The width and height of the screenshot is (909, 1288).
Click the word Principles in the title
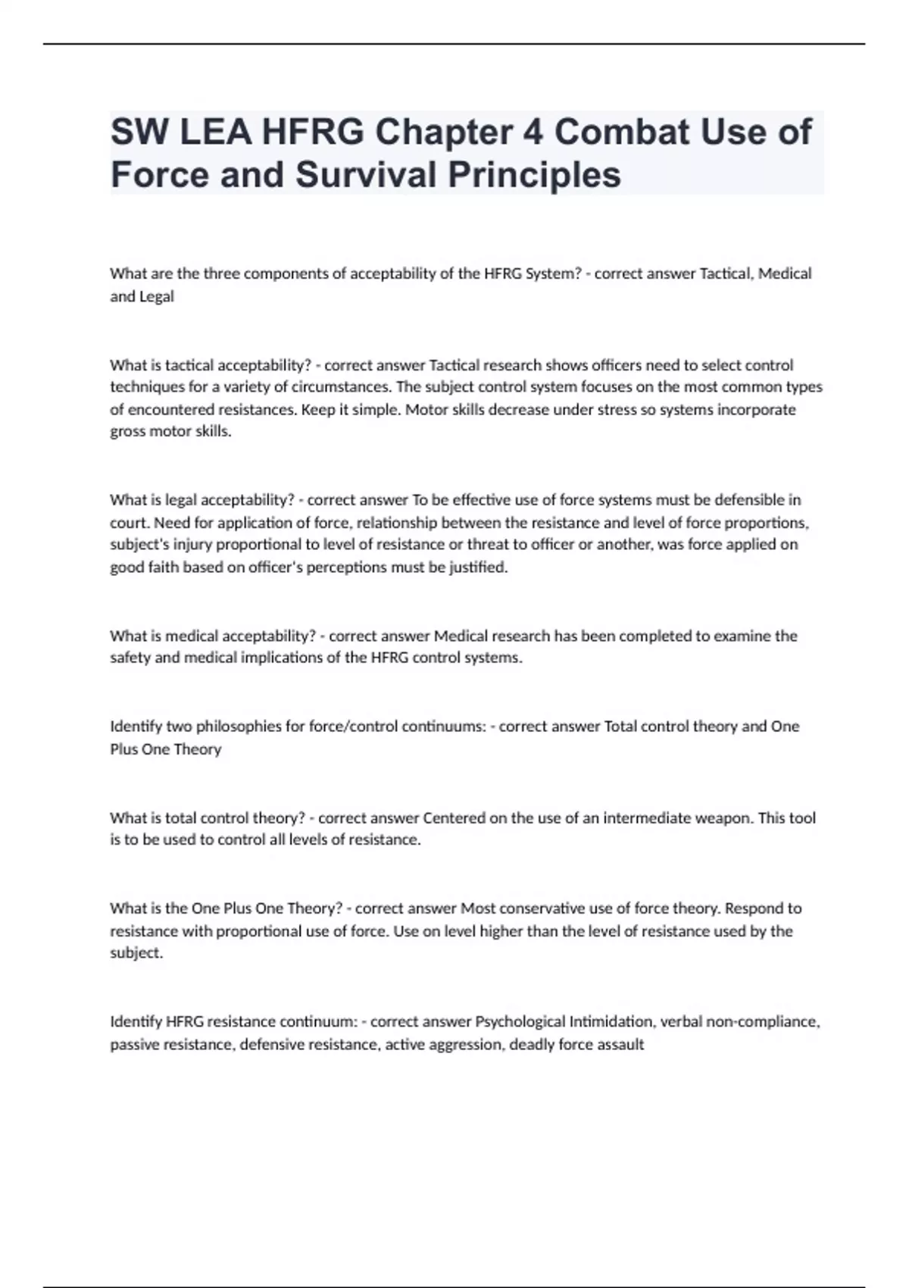pyautogui.click(x=534, y=175)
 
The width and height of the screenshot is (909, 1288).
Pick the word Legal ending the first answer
pyautogui.click(x=158, y=297)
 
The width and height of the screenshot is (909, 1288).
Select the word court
pyautogui.click(x=128, y=523)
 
